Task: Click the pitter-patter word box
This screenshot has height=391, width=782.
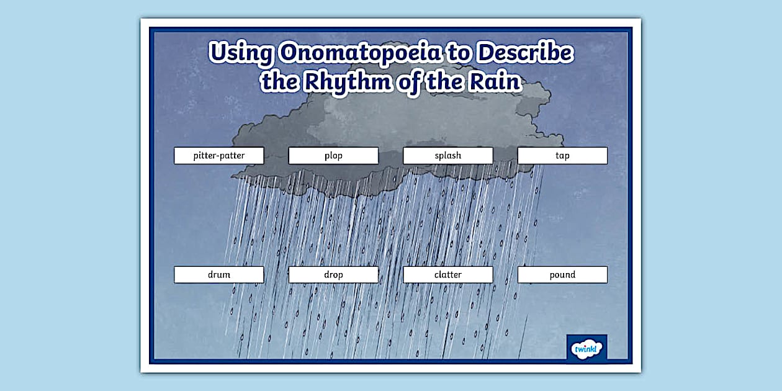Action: click(x=218, y=155)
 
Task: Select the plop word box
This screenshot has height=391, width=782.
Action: click(x=333, y=155)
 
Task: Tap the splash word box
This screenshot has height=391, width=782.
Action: click(x=447, y=155)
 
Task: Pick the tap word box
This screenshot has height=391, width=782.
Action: click(x=562, y=155)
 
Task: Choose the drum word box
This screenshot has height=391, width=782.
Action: click(x=218, y=274)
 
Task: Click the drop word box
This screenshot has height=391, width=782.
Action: click(x=333, y=274)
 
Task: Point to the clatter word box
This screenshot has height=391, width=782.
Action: click(x=447, y=274)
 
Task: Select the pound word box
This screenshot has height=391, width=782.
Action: click(x=562, y=274)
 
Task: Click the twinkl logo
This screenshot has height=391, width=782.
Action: click(x=586, y=348)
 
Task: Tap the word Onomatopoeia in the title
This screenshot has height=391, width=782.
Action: click(x=359, y=53)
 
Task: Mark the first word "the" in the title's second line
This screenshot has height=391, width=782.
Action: click(x=280, y=81)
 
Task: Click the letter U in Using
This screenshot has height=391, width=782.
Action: click(x=218, y=53)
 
